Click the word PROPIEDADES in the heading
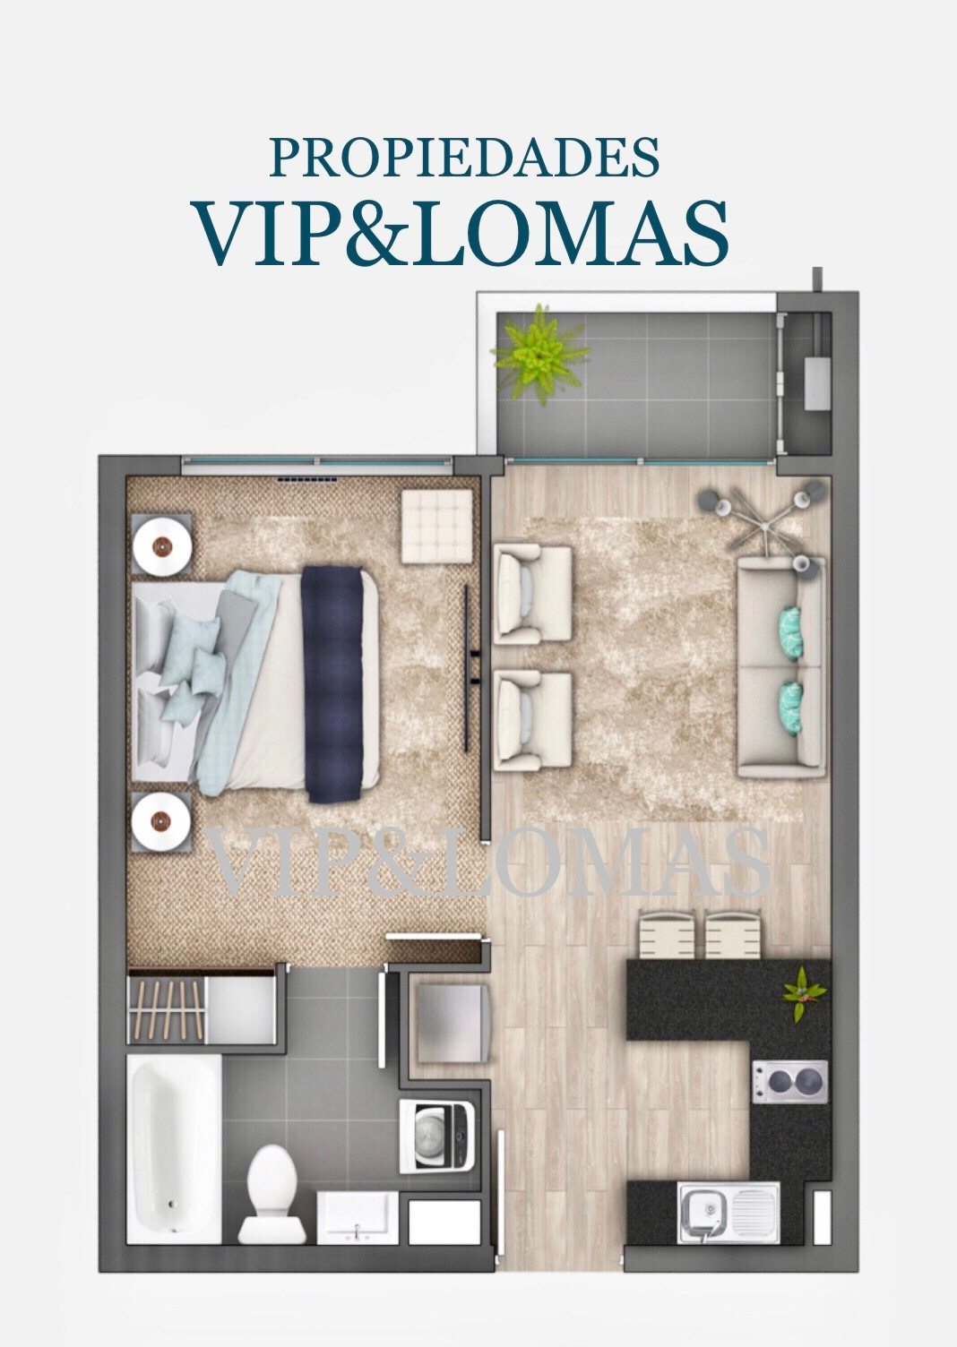[x=464, y=157]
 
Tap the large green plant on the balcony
[x=538, y=354]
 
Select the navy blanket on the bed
[x=332, y=683]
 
